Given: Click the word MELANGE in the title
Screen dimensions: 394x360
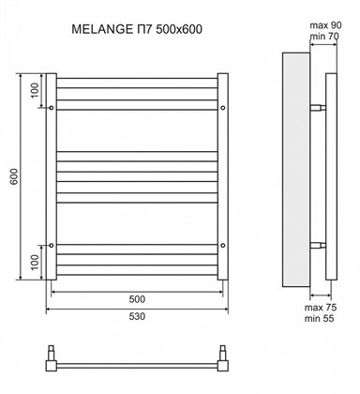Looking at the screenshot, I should (101, 29).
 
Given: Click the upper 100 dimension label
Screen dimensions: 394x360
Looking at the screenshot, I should (35, 92).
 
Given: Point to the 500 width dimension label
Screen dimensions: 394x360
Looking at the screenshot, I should (137, 298).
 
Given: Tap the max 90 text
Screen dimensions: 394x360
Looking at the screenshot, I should (327, 23).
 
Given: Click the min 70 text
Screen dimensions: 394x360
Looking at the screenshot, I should (328, 37).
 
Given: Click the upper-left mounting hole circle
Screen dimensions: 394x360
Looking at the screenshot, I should (50, 107).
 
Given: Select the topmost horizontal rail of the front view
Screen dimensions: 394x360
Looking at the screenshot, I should (138, 77).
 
